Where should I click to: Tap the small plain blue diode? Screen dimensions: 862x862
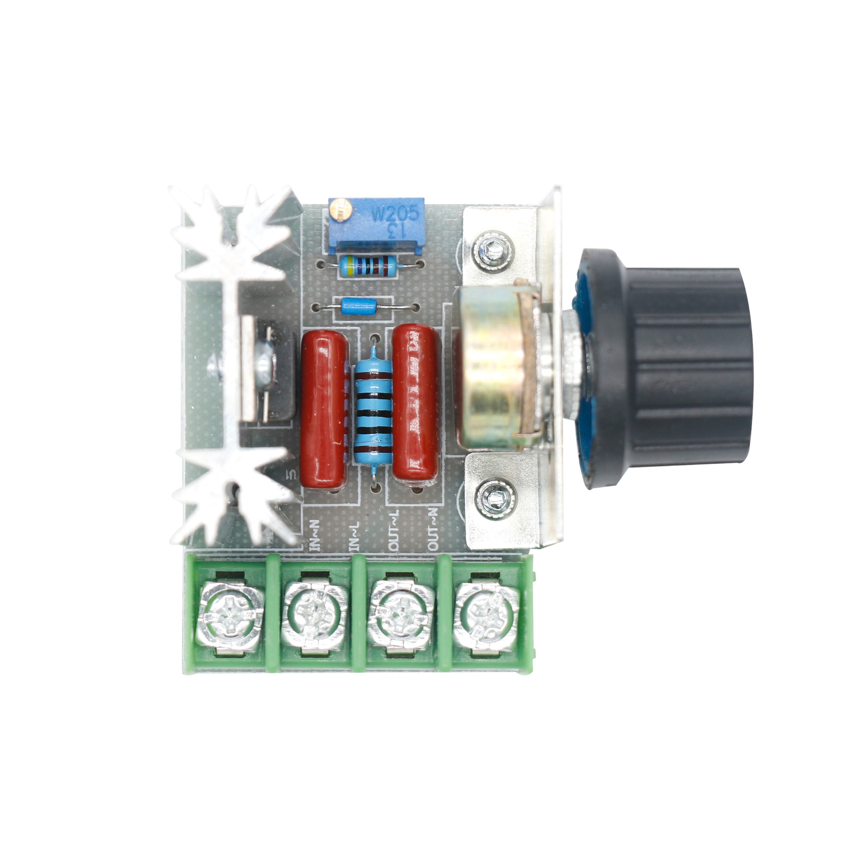(x=359, y=306)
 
